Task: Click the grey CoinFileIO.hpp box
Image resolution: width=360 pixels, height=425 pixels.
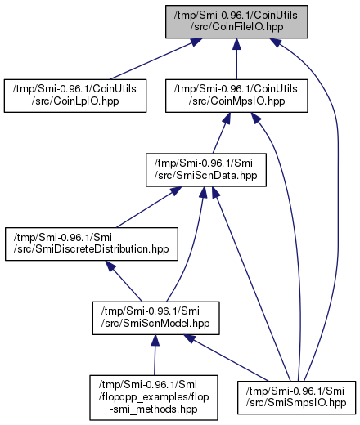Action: click(x=236, y=21)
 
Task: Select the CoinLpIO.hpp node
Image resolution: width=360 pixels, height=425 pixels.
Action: click(x=75, y=96)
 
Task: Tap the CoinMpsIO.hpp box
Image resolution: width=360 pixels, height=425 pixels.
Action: click(x=236, y=96)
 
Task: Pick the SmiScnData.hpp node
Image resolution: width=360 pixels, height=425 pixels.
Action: click(x=206, y=170)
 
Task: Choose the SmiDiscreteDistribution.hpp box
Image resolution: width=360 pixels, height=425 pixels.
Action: click(x=92, y=244)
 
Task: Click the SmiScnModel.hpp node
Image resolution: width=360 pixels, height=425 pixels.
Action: click(x=155, y=318)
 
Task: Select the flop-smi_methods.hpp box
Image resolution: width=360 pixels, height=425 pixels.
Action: click(x=154, y=397)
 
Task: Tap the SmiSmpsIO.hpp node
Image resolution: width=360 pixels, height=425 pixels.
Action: click(x=296, y=397)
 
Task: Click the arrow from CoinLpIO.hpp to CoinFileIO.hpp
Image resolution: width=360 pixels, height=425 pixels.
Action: click(x=155, y=59)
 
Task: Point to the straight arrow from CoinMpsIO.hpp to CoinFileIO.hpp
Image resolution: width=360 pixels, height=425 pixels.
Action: click(x=236, y=59)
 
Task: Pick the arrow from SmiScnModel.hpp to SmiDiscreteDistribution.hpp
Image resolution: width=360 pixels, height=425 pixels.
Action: click(x=124, y=281)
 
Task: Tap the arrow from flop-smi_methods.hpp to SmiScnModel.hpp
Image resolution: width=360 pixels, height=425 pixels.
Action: click(x=155, y=355)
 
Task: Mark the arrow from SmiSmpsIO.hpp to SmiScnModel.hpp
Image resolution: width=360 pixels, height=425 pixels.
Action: click(x=226, y=358)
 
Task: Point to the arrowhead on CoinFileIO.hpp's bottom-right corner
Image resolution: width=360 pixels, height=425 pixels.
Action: click(x=275, y=42)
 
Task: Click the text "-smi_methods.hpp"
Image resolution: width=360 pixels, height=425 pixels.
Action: click(x=154, y=409)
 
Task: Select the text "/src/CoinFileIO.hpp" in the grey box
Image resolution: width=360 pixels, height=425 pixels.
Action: click(x=236, y=27)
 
